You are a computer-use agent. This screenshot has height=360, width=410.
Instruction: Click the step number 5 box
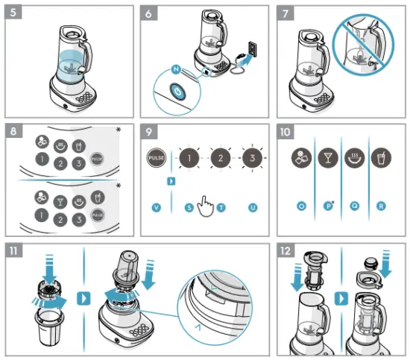click(15, 16)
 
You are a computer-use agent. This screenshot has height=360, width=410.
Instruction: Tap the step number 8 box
click(15, 131)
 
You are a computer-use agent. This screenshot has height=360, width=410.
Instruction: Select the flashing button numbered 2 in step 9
click(221, 159)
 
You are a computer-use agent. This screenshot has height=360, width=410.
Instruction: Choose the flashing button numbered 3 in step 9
click(253, 159)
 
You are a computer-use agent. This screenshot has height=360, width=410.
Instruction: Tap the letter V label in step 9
click(157, 206)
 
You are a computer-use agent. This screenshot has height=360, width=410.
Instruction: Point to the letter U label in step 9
click(252, 206)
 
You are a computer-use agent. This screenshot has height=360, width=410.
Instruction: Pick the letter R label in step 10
click(382, 204)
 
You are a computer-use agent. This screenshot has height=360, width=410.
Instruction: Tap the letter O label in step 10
click(302, 204)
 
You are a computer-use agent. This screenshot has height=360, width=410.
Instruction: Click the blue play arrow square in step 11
click(84, 298)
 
